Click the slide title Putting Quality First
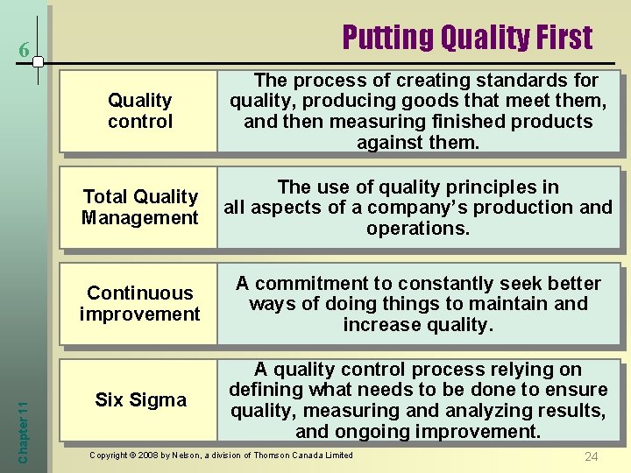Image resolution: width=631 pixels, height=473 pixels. [467, 38]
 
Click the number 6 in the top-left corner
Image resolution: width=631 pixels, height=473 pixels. [25, 53]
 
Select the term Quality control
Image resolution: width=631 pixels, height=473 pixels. [140, 111]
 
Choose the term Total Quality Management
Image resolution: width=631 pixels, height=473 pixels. [140, 207]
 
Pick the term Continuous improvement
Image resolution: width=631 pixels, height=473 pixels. [140, 303]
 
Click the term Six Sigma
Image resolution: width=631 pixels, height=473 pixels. [140, 400]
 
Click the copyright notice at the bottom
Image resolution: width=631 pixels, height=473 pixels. [222, 455]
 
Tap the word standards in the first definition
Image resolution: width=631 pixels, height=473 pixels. [524, 81]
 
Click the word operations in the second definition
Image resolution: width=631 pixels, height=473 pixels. [417, 229]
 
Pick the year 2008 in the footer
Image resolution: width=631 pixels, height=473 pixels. [139, 455]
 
